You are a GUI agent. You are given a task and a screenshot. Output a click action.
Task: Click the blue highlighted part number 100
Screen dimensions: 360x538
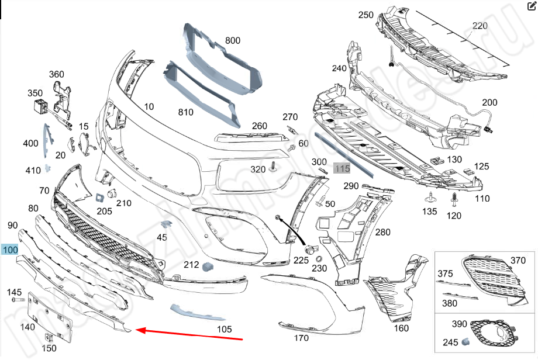click(10, 250)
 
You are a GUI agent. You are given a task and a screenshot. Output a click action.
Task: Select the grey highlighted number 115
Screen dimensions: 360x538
click(342, 168)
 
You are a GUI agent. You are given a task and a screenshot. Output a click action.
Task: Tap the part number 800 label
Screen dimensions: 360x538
click(233, 40)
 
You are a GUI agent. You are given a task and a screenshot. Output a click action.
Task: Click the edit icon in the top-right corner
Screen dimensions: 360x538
click(531, 6)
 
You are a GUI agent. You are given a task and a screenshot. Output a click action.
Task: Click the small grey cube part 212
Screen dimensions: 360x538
click(206, 268)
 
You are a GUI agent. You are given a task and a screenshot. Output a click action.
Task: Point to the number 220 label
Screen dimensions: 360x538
click(480, 26)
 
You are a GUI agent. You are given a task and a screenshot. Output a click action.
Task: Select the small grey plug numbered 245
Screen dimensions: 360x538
click(467, 341)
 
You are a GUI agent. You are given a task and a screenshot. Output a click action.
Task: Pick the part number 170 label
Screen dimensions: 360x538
click(301, 338)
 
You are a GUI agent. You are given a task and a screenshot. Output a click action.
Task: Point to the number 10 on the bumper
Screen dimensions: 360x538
click(149, 106)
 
